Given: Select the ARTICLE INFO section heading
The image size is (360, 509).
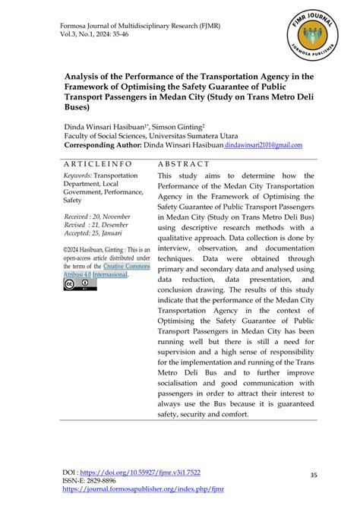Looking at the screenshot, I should (x=98, y=163).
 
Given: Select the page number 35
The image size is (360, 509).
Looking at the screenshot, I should (x=314, y=476).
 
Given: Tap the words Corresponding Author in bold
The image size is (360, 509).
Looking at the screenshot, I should (x=115, y=146).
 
